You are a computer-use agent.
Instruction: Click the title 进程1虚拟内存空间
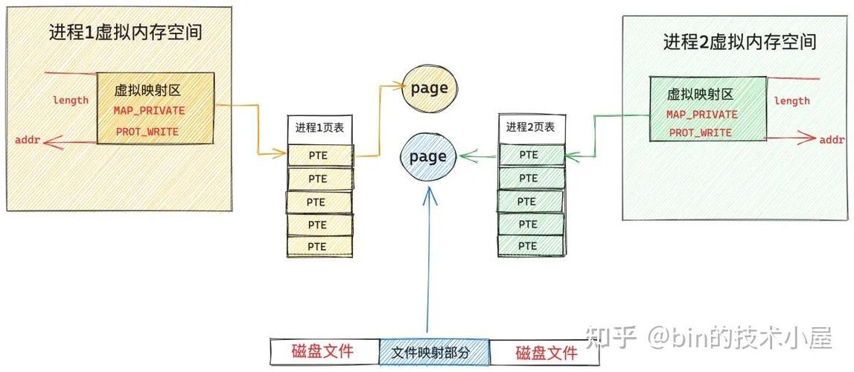[126, 33]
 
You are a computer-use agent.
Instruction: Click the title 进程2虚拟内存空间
[739, 42]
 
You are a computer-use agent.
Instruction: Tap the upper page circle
[430, 89]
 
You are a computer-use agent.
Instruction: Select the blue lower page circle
[428, 157]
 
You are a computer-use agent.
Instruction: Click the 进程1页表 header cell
[319, 127]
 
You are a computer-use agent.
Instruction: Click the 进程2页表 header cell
[530, 127]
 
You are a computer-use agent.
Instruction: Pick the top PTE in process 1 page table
[318, 155]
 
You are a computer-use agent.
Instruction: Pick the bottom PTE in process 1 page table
[318, 246]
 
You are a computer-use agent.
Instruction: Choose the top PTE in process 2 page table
[529, 155]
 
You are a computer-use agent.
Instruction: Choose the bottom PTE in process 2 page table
[529, 246]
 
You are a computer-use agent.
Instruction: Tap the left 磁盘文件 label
[322, 352]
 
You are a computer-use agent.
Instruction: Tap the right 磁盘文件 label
[547, 352]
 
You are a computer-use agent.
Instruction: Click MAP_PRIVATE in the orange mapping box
[149, 110]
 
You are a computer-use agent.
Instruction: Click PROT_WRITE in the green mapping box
[700, 133]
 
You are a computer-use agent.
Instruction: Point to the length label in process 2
[791, 101]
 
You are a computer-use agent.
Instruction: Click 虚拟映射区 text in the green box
[700, 94]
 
